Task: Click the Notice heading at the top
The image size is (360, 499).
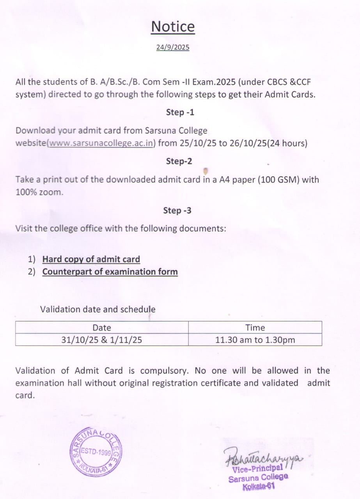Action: [173, 27]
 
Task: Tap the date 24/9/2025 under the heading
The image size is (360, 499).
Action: [173, 48]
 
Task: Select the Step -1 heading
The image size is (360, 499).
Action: [180, 112]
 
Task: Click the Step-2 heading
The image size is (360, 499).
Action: [179, 161]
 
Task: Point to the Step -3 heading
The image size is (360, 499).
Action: [177, 211]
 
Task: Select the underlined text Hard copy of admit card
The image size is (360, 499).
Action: [91, 259]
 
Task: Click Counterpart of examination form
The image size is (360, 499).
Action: [110, 272]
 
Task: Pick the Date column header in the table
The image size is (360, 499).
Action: [102, 328]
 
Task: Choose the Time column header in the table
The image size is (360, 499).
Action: [255, 328]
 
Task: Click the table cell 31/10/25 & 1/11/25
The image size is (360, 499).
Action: [101, 340]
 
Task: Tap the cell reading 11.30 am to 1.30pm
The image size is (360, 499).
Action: [255, 340]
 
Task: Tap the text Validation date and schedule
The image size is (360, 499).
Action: [98, 309]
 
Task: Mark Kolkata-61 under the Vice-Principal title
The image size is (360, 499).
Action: [259, 486]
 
